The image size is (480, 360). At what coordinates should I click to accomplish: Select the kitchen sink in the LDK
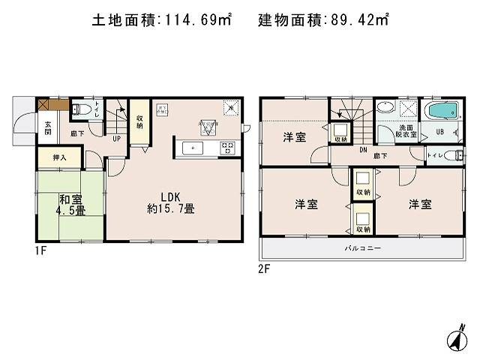(193, 148)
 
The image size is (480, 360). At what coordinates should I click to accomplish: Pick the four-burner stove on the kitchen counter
(226, 148)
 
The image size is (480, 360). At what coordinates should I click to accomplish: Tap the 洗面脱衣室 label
(406, 132)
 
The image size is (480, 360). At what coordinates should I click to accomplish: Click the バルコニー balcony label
(363, 248)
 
